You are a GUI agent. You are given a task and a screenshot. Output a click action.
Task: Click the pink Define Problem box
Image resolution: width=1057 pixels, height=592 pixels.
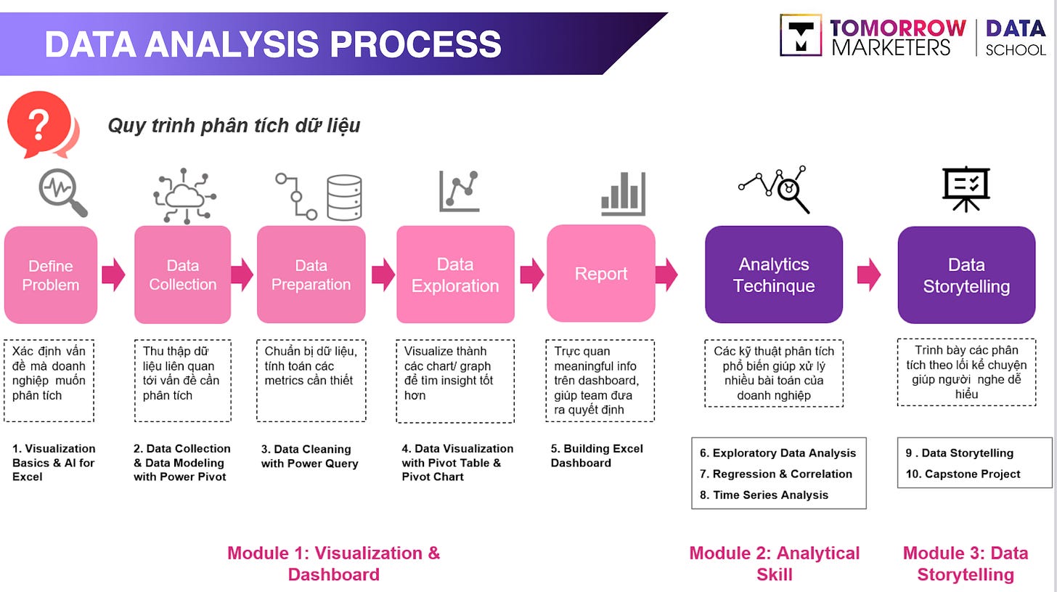click(x=51, y=275)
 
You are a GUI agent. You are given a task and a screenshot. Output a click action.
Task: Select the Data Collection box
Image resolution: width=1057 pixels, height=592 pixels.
click(x=182, y=275)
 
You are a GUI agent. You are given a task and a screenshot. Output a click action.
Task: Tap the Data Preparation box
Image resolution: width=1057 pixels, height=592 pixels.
click(x=311, y=275)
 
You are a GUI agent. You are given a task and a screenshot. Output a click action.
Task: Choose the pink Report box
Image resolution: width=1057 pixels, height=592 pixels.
click(x=600, y=273)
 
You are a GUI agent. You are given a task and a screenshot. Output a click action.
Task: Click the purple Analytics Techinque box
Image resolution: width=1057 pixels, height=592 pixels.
click(x=774, y=275)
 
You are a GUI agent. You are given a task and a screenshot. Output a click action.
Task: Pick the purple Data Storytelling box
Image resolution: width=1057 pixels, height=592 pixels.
click(x=966, y=275)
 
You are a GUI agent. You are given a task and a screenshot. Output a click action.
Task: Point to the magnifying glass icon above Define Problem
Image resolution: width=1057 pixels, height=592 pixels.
click(x=62, y=192)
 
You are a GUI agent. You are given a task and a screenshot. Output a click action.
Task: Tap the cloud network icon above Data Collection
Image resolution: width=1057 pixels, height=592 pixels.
click(x=184, y=195)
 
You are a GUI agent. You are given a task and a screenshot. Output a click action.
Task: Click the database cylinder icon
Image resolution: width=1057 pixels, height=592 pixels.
click(x=343, y=197)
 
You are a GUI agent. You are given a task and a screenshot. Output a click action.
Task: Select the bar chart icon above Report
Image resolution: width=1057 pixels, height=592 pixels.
click(x=623, y=194)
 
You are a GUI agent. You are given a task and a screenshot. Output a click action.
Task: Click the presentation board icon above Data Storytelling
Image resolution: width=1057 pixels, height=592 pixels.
click(x=966, y=189)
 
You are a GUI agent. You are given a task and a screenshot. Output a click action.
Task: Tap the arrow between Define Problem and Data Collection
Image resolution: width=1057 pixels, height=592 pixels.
click(x=113, y=275)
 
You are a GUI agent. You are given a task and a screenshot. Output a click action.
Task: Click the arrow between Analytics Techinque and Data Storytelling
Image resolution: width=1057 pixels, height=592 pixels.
click(x=869, y=275)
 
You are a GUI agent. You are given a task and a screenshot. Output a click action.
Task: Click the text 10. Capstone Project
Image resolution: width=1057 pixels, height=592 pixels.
click(x=963, y=474)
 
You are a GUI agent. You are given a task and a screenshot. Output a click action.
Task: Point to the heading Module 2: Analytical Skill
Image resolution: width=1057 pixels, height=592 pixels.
click(x=774, y=563)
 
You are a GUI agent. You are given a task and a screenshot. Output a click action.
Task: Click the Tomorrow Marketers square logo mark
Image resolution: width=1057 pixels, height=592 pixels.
click(x=801, y=35)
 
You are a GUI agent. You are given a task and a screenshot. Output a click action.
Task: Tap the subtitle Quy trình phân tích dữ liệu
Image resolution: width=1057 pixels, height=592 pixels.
click(x=234, y=126)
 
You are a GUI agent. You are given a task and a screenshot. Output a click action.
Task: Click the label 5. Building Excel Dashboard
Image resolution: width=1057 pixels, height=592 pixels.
click(x=596, y=455)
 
